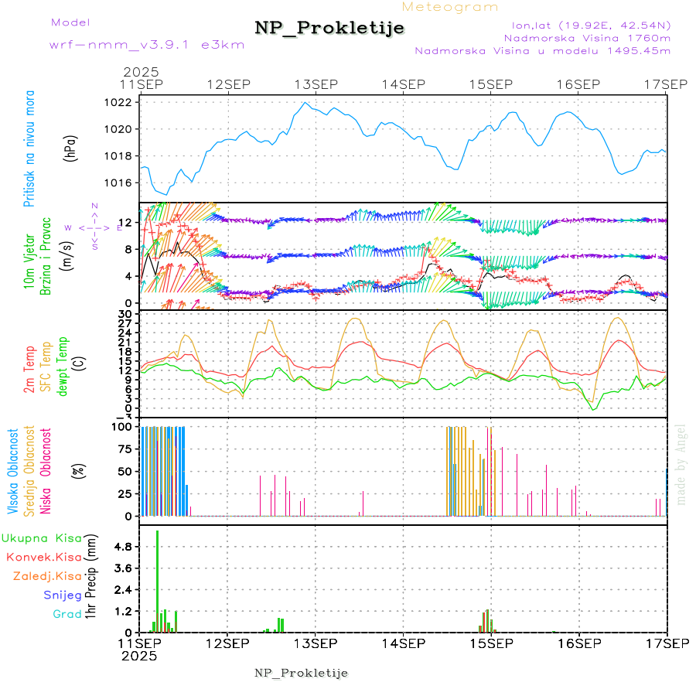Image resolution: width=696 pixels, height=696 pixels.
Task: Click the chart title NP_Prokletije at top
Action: coord(329,28)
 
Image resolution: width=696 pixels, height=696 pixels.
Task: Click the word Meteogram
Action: coord(450,7)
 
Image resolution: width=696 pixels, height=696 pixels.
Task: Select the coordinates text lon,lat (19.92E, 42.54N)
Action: coord(586,24)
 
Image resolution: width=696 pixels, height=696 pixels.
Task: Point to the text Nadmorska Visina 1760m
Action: coord(587,37)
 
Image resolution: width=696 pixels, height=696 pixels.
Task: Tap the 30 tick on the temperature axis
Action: coord(125,313)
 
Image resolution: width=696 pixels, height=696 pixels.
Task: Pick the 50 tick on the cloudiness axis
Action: coord(125,471)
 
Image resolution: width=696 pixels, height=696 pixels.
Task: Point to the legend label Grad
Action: coord(67,614)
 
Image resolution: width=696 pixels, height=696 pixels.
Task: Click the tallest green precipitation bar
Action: coord(158,581)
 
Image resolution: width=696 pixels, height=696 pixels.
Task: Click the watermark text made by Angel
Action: coord(681,464)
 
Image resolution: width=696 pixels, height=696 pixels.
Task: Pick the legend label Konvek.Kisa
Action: coord(43,557)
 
